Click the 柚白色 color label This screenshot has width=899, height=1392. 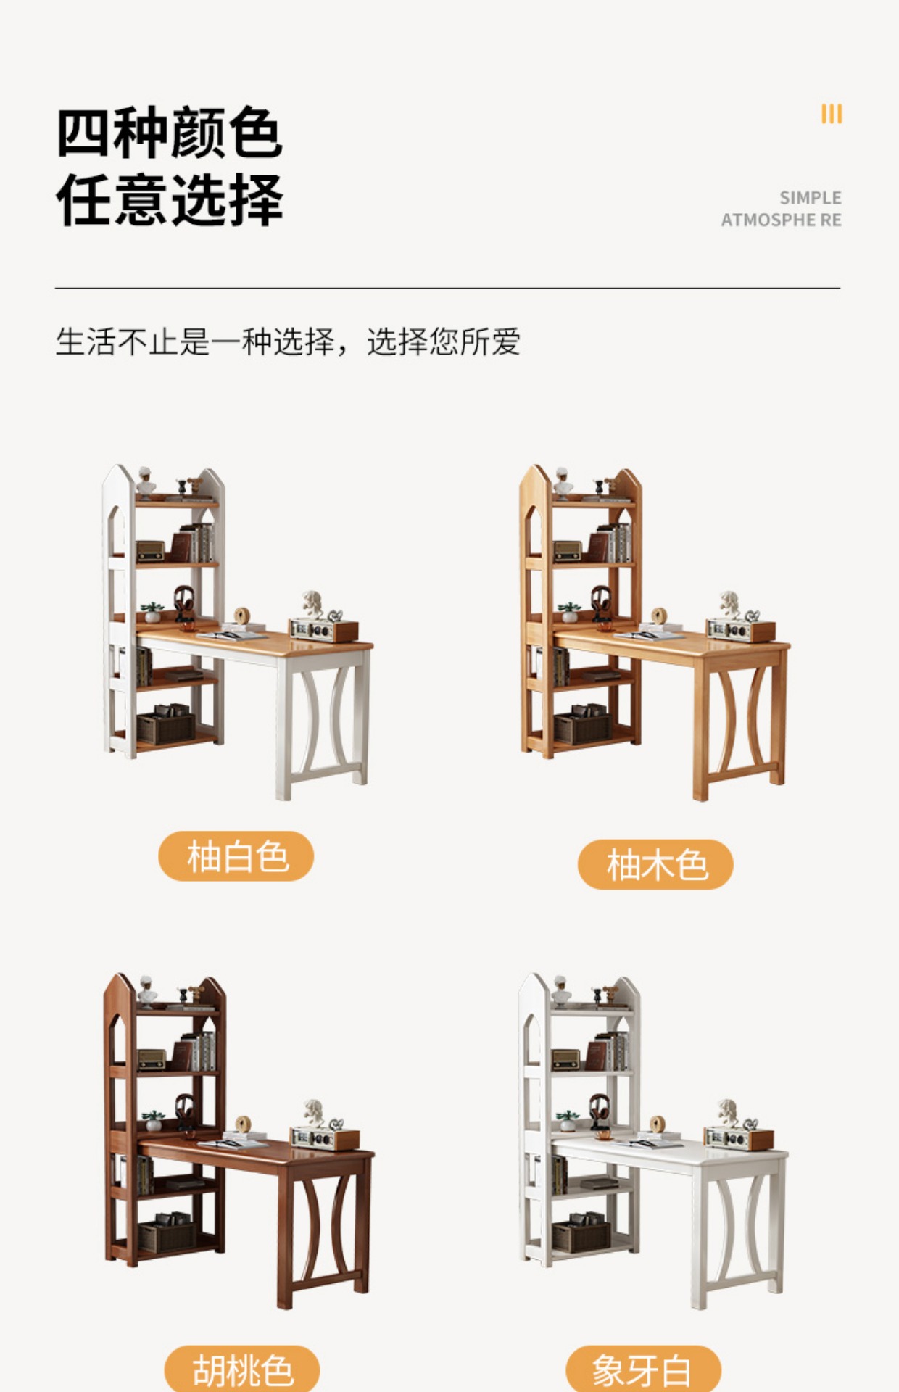[x=236, y=856]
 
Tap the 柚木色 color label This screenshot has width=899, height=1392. [x=655, y=864]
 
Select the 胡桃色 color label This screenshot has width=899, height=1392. [x=242, y=1370]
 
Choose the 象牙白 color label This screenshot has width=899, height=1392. [x=643, y=1370]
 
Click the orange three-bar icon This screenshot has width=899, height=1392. [x=832, y=114]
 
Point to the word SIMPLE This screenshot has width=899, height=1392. [x=811, y=197]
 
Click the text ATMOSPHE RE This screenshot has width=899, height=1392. [x=781, y=220]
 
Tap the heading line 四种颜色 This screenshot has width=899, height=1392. [x=169, y=133]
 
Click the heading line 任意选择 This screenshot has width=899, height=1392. [x=169, y=199]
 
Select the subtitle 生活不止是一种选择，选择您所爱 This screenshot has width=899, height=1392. [x=288, y=341]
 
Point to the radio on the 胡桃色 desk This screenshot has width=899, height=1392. [x=324, y=1137]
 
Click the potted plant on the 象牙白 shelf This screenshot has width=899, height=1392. [x=568, y=1120]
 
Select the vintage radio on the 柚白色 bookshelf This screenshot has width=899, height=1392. [x=150, y=551]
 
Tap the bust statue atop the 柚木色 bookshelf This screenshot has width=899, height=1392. [x=563, y=482]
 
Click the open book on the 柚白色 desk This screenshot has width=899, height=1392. [x=232, y=635]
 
